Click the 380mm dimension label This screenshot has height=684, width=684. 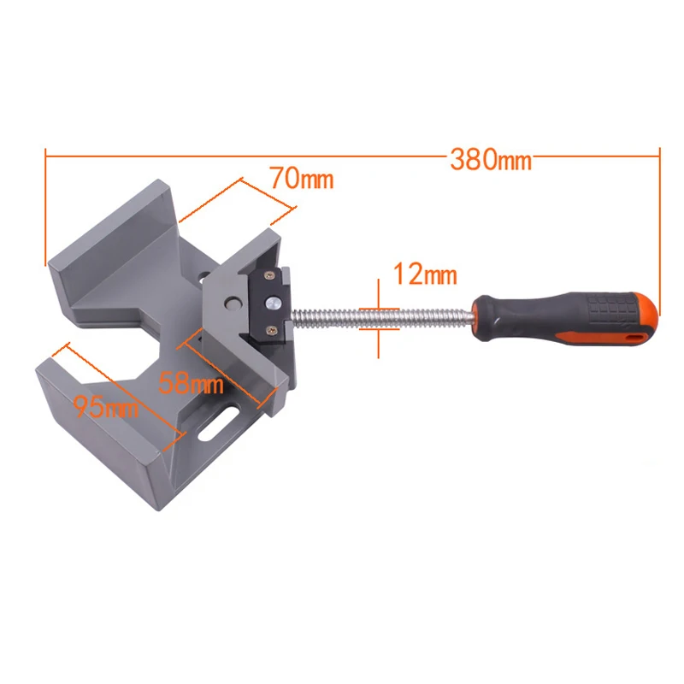491,160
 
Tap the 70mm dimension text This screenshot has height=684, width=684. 300,180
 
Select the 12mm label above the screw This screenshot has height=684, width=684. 424,275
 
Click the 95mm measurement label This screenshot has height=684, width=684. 105,408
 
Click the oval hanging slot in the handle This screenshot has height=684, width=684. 634,337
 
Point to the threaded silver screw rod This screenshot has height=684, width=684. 385,316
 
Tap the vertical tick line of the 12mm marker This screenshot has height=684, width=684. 376,316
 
